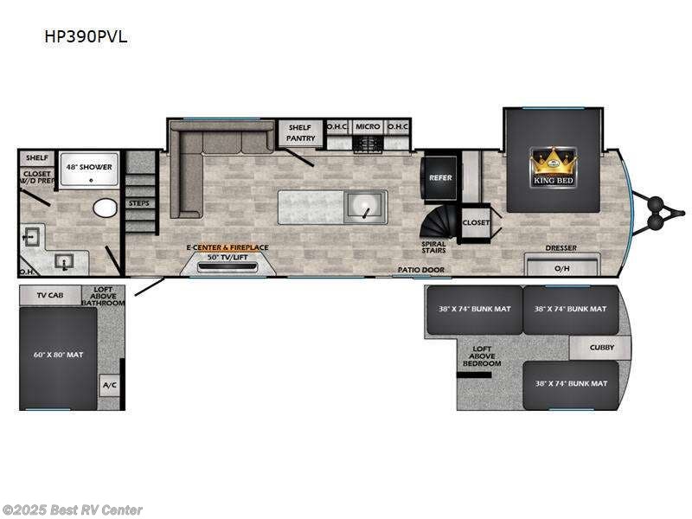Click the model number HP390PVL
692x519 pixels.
coord(88,37)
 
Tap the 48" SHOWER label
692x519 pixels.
coord(90,167)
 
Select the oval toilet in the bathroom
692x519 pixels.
coord(105,208)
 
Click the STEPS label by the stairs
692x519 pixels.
coord(138,203)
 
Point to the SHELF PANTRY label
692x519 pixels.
coord(300,132)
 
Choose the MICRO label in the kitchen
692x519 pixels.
coord(368,127)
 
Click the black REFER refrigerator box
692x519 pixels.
coord(439,177)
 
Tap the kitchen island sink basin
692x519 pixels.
coord(366,207)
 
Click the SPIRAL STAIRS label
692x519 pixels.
coord(434,247)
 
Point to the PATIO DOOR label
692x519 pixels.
coord(420,270)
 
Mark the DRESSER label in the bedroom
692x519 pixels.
coord(561,248)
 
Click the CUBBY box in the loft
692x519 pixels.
coord(602,348)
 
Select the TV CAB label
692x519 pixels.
coord(50,295)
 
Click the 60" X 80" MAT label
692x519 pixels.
coord(58,355)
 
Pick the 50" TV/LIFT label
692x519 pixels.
coord(227,257)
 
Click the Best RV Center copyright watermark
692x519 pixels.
coord(73,510)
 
